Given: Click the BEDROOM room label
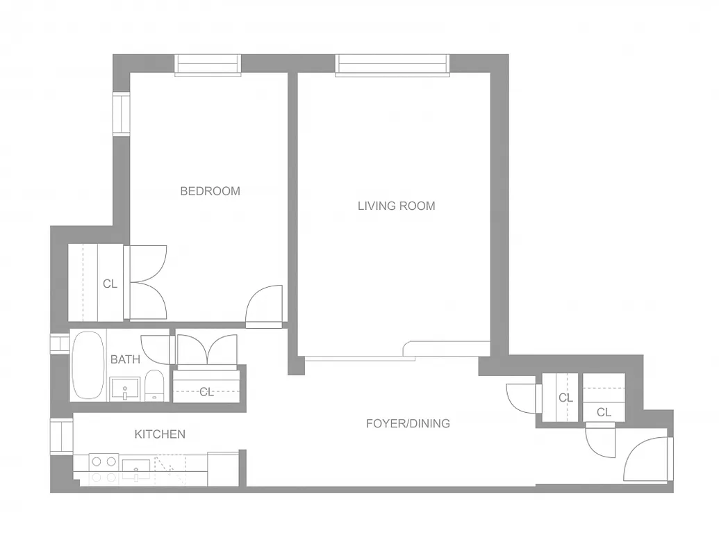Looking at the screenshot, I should click(210, 191).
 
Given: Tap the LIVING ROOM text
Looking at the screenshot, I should click(396, 206).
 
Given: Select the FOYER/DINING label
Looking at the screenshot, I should click(408, 423).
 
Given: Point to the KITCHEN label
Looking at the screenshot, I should click(160, 434).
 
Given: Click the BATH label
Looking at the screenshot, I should click(125, 359).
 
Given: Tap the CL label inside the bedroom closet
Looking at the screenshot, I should click(110, 284).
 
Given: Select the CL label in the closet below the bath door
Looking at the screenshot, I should click(206, 392).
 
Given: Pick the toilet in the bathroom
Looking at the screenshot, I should click(154, 386).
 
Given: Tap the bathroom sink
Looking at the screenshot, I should click(125, 389).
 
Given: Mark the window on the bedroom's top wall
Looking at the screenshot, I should click(208, 65).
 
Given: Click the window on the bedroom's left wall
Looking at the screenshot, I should click(122, 115).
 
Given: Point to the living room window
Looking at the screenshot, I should click(392, 65).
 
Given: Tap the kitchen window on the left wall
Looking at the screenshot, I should click(62, 436).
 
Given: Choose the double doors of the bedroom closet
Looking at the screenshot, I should click(147, 283).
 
